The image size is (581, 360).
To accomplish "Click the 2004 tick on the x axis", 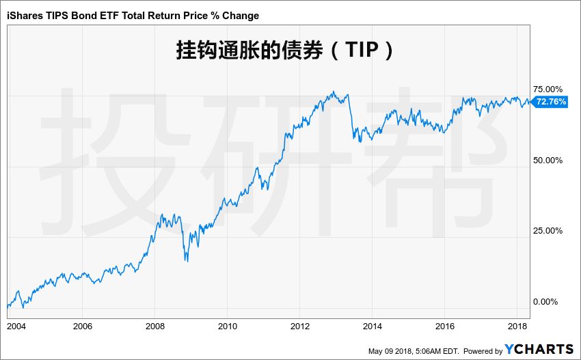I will (x=16, y=325).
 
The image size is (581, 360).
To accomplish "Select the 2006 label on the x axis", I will (x=82, y=325).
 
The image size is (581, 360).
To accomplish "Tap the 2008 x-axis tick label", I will (x=155, y=325).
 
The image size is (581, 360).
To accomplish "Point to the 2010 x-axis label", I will (x=227, y=325).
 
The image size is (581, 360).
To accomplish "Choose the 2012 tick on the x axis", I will (x=299, y=325).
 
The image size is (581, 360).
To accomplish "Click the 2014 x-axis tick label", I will (x=372, y=325).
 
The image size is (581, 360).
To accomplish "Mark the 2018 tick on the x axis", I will (x=517, y=325).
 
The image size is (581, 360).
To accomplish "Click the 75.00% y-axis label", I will (x=548, y=89).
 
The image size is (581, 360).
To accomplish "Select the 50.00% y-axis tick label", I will (x=548, y=160).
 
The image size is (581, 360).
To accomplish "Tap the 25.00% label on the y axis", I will (x=548, y=231).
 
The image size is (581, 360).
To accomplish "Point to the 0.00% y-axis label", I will (x=550, y=301).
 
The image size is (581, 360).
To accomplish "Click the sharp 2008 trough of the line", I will (x=186, y=260).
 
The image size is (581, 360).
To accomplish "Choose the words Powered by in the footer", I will (x=483, y=351).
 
